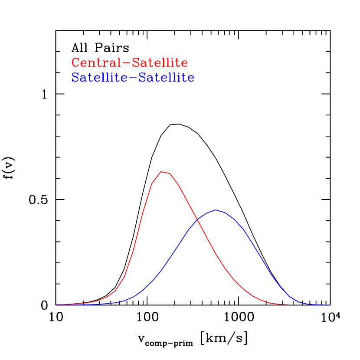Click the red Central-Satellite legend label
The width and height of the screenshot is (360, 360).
click(130, 63)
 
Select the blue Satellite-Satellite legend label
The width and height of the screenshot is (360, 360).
click(133, 78)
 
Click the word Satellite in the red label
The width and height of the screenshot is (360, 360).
click(160, 63)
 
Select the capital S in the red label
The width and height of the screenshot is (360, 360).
click(135, 63)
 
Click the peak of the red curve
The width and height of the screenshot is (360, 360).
click(162, 172)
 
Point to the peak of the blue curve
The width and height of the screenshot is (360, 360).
click(216, 210)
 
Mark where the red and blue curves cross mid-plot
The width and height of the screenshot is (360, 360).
click(198, 220)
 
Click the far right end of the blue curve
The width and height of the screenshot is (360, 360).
click(329, 305)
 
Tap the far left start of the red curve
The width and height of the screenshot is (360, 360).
click(56, 305)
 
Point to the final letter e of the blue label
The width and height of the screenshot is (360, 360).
click(191, 79)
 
